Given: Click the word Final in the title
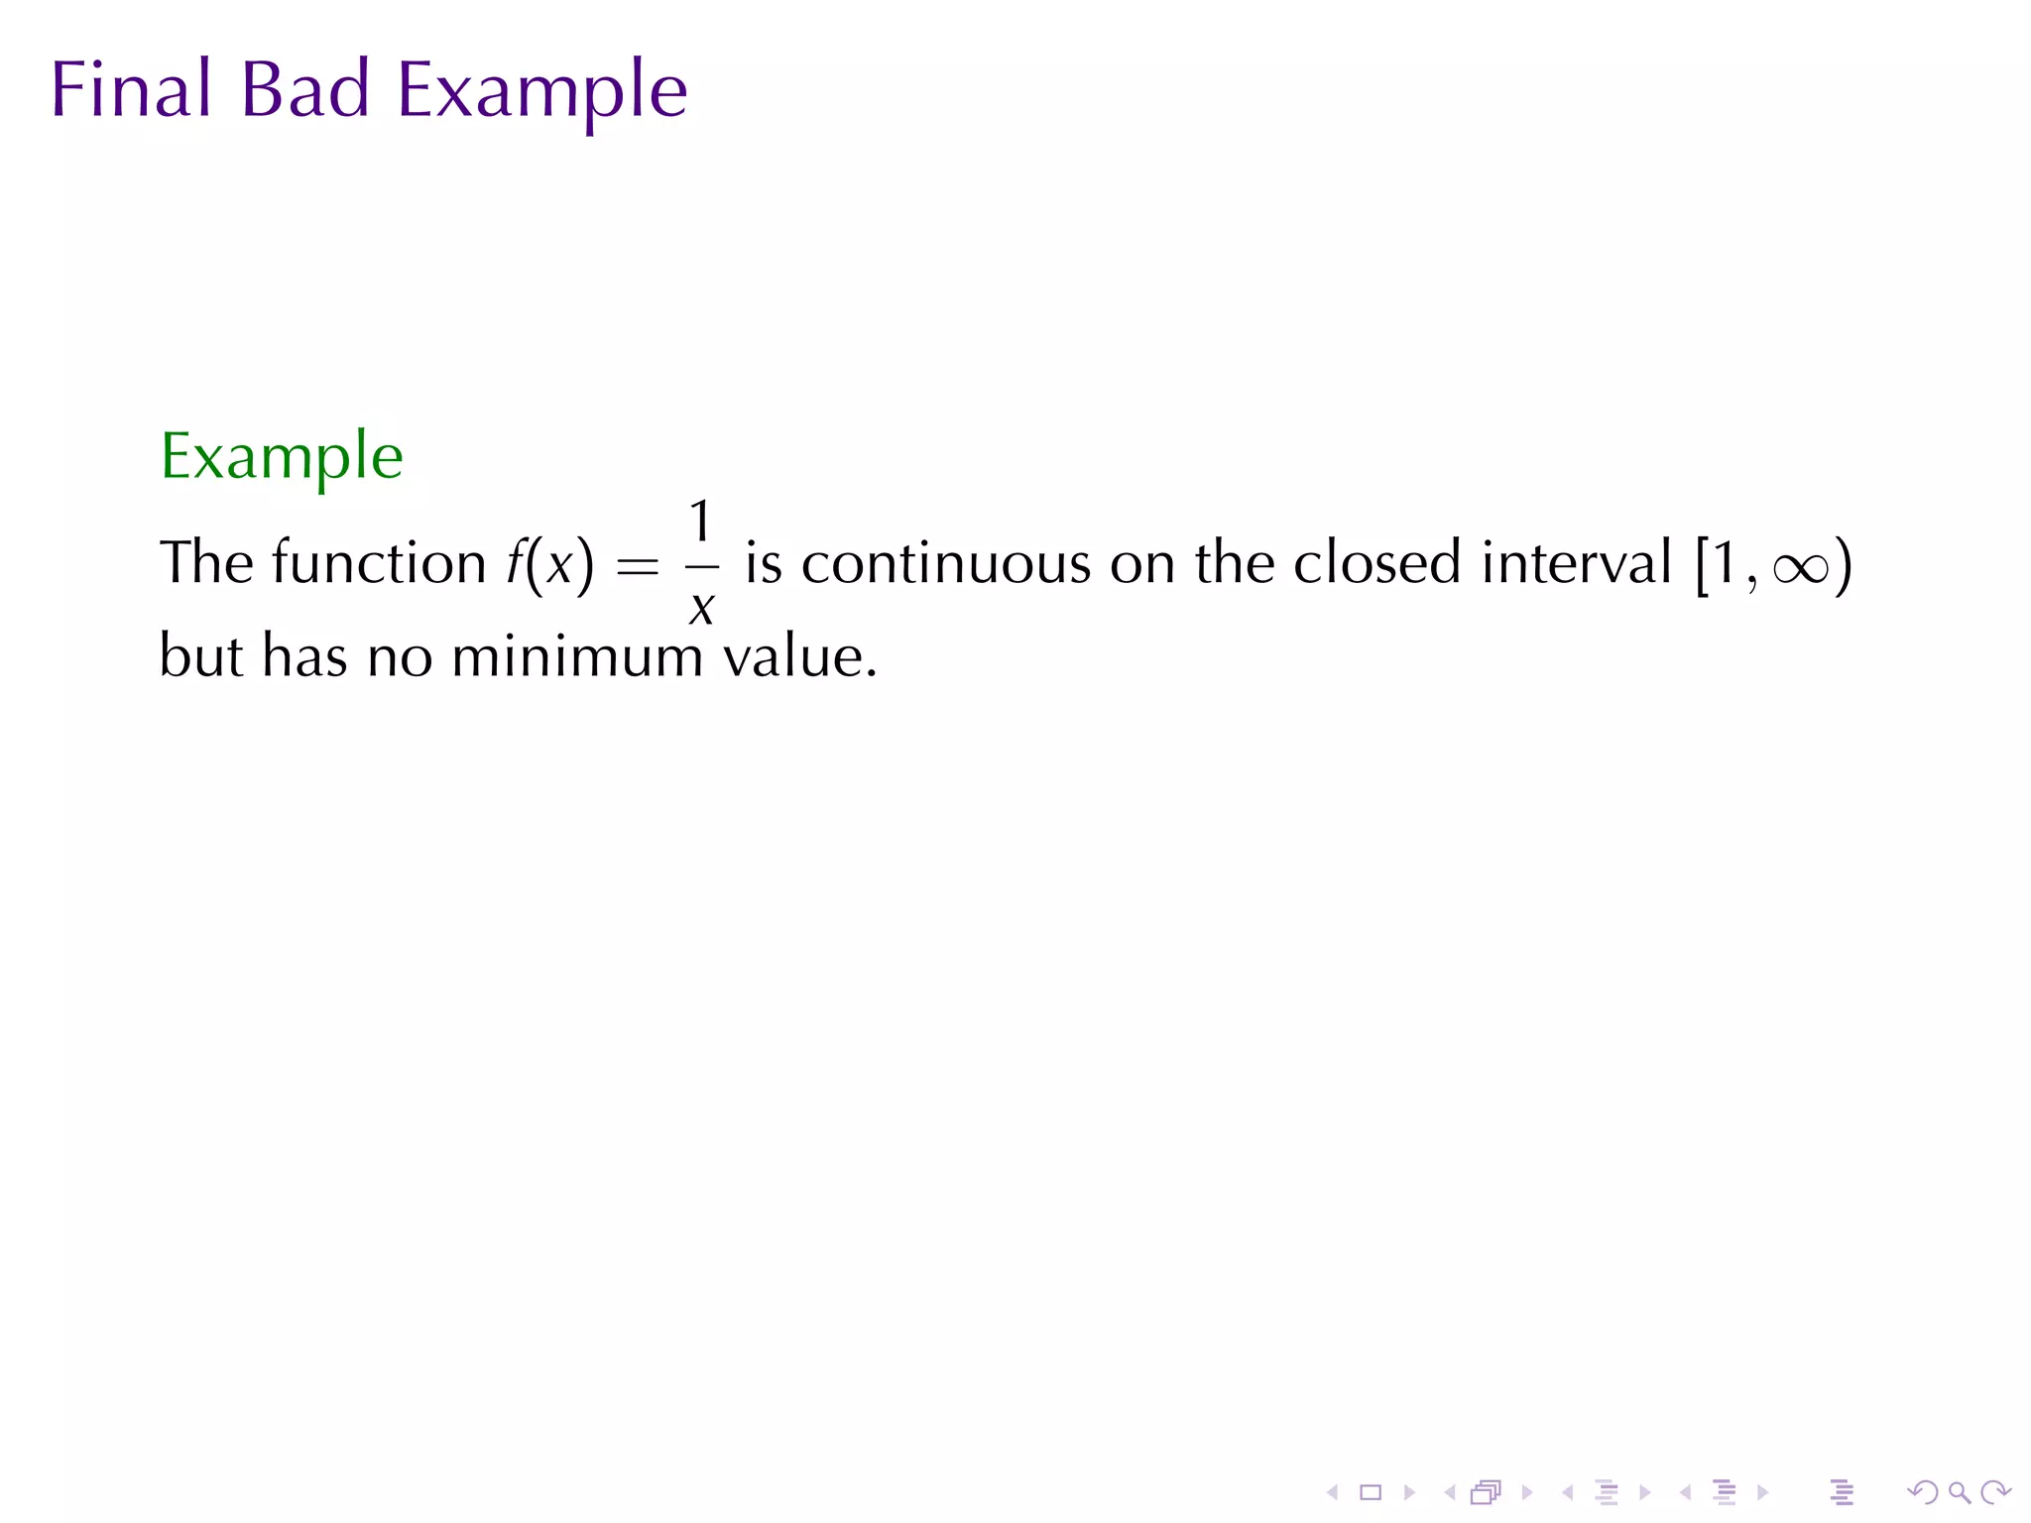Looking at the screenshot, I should pyautogui.click(x=131, y=90).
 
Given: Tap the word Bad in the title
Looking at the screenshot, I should pyautogui.click(x=304, y=90).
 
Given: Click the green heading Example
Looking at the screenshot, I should pyautogui.click(x=282, y=458).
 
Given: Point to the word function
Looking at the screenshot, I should pyautogui.click(x=378, y=563).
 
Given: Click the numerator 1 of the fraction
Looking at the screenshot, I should pyautogui.click(x=700, y=522).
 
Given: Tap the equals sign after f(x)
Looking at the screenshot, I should pyautogui.click(x=637, y=567).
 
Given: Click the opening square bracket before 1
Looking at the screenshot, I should pyautogui.click(x=1703, y=565).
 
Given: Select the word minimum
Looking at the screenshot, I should pyautogui.click(x=576, y=656).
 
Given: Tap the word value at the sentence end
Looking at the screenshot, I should pyautogui.click(x=797, y=656).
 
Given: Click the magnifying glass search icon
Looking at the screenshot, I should pyautogui.click(x=1959, y=1492).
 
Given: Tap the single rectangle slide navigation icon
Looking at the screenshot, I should pyautogui.click(x=1371, y=1492).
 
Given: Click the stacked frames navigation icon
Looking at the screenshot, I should pyautogui.click(x=1486, y=1492).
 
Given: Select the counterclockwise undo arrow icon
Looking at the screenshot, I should pyautogui.click(x=1922, y=1492).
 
